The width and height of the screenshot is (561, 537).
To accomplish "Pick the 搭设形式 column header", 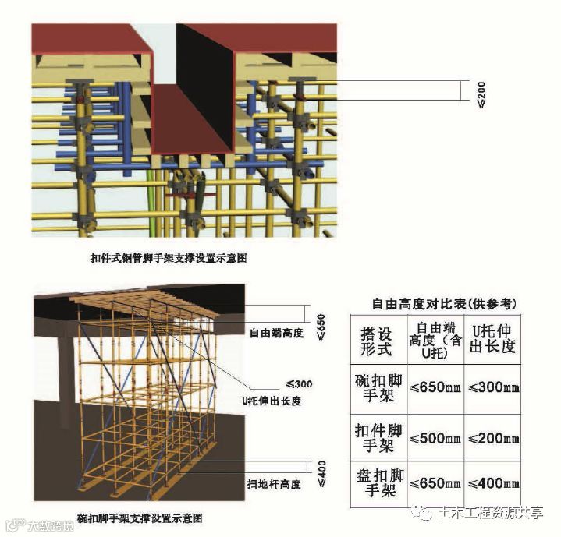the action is pos(378,340).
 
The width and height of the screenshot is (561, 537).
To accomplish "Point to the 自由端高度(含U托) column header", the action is pos(434,340).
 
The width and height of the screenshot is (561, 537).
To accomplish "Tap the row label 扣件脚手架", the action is pos(378,439).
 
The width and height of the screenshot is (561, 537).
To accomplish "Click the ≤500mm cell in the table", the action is pos(434,439).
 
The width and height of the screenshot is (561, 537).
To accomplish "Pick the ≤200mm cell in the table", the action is pos(492,439).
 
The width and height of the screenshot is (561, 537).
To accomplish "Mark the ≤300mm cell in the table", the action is pos(492,387).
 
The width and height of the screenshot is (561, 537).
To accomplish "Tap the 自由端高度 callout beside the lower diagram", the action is pos(275,333).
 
